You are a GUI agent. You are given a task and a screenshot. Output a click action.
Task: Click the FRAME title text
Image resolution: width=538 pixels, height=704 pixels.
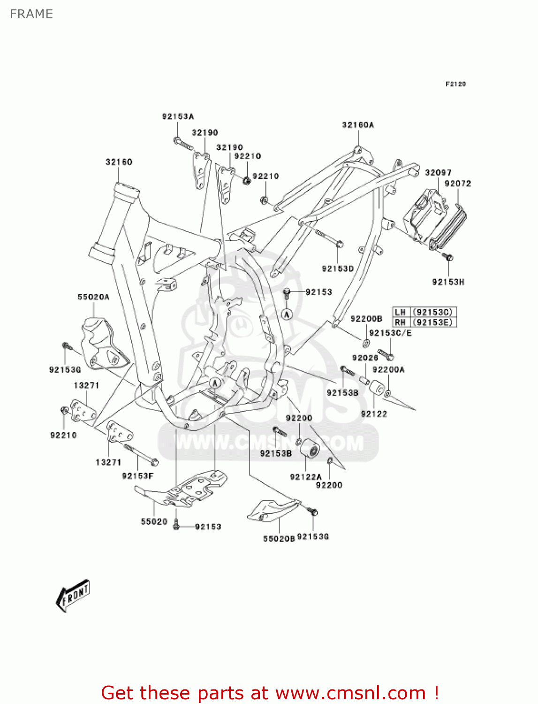click(31, 14)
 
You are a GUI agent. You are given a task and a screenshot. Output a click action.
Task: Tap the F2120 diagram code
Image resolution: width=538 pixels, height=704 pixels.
click(455, 84)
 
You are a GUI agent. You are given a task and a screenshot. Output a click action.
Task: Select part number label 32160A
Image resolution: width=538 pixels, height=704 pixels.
click(358, 125)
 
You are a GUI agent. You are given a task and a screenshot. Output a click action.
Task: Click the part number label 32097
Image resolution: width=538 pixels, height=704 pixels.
click(438, 172)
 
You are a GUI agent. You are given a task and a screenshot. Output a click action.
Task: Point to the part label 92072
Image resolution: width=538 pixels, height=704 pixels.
click(458, 184)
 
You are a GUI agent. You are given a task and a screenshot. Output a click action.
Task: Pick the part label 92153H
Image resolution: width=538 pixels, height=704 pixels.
click(448, 282)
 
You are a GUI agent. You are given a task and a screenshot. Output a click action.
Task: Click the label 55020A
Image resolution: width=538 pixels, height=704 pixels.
click(93, 297)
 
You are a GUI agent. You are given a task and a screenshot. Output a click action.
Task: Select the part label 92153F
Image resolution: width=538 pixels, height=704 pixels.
click(138, 476)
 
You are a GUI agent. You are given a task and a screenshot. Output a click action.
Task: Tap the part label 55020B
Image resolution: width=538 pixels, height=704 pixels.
click(279, 539)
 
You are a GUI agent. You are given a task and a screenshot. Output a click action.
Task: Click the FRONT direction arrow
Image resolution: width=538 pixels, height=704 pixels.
click(73, 596)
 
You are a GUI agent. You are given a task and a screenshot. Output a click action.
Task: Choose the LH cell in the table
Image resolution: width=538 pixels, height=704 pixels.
click(400, 312)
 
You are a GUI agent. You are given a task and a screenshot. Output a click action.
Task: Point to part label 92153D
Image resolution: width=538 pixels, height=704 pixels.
click(338, 268)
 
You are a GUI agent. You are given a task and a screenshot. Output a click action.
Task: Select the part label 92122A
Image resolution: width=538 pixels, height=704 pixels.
click(305, 477)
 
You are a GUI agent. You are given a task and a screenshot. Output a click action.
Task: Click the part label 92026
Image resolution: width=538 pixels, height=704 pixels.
click(365, 358)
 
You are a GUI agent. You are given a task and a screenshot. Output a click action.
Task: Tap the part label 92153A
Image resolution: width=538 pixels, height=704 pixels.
click(178, 116)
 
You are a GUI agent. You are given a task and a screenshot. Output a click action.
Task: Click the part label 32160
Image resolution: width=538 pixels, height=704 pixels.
click(119, 162)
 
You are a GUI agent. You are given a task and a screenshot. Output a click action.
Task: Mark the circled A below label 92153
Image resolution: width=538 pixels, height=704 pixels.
click(287, 314)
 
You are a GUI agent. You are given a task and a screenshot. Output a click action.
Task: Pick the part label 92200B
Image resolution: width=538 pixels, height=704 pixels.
click(366, 319)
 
